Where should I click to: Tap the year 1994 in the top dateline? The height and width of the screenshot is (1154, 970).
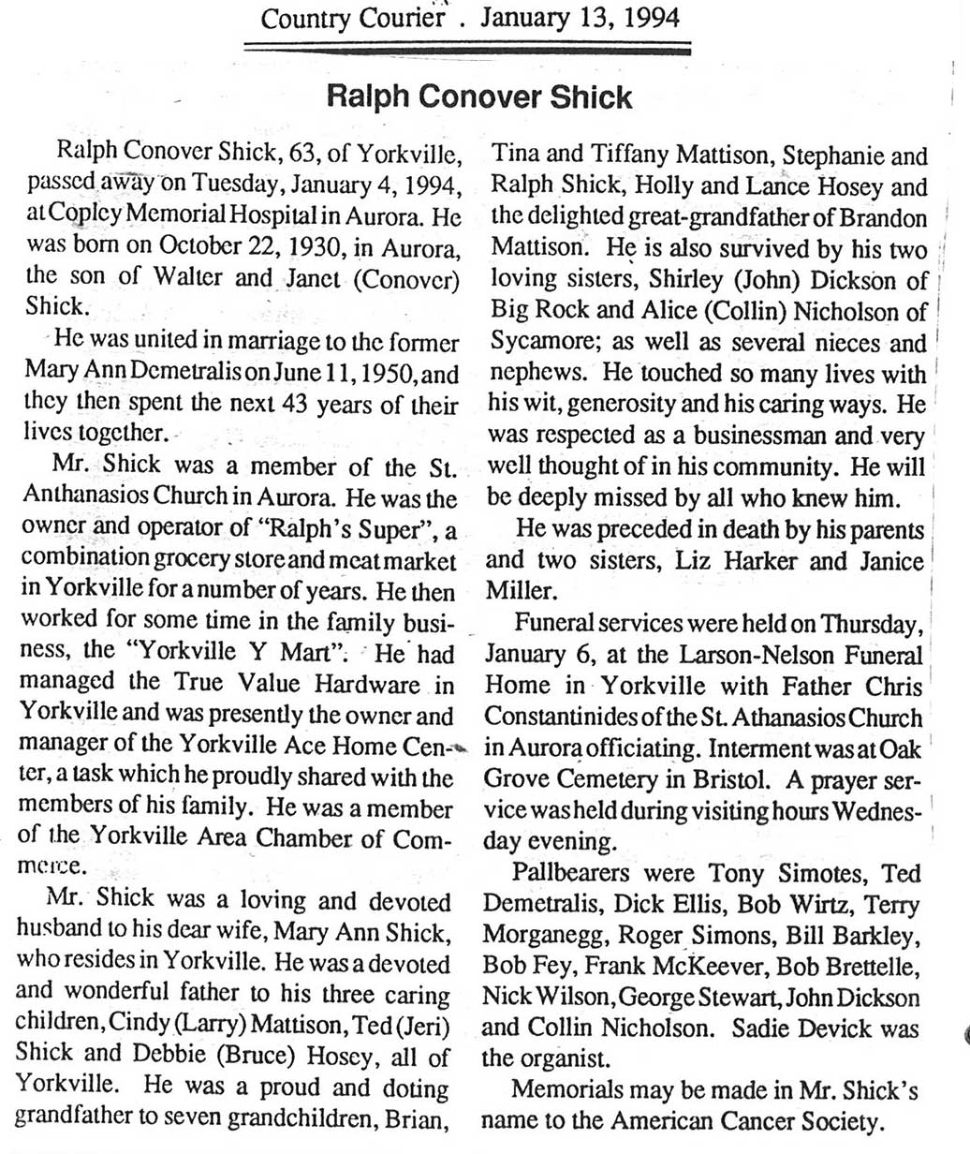point(647,18)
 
